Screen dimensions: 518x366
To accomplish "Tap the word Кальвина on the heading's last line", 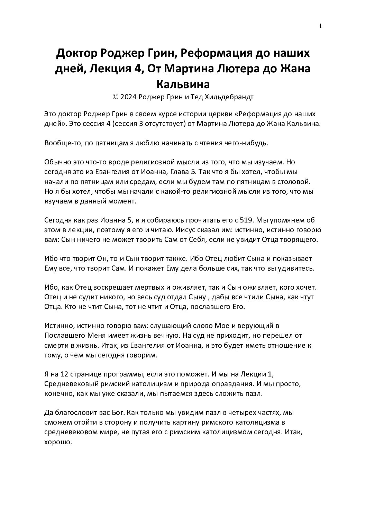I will point(183,84).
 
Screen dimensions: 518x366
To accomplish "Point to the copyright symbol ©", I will point(116,97).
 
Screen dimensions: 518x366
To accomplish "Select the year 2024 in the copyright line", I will point(128,97).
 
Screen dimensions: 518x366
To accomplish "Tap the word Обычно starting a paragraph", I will point(56,162).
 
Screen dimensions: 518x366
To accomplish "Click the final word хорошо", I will point(58,442).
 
